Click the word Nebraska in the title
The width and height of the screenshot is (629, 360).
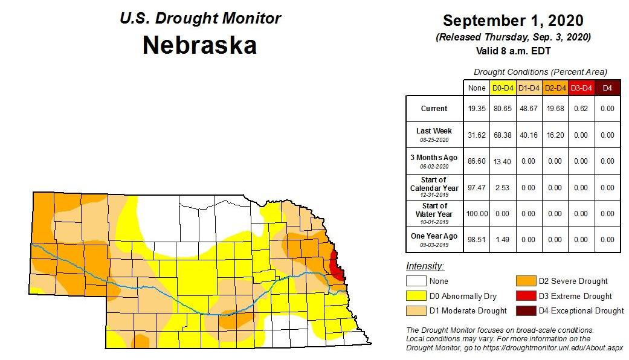(x=199, y=45)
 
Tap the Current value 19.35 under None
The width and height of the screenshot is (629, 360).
(x=476, y=109)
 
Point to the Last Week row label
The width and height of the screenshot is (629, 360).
(x=434, y=131)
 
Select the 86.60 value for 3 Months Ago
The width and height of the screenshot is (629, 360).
(x=476, y=161)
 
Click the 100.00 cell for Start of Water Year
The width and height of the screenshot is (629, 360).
(x=476, y=214)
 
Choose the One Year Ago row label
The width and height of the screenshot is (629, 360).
(x=434, y=236)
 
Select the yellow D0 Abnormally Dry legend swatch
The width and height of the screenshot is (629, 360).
(x=416, y=296)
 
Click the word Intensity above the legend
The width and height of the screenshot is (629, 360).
(x=425, y=266)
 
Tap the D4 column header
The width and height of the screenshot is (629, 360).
(x=607, y=88)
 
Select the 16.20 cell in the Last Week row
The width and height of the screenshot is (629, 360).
(x=554, y=135)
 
